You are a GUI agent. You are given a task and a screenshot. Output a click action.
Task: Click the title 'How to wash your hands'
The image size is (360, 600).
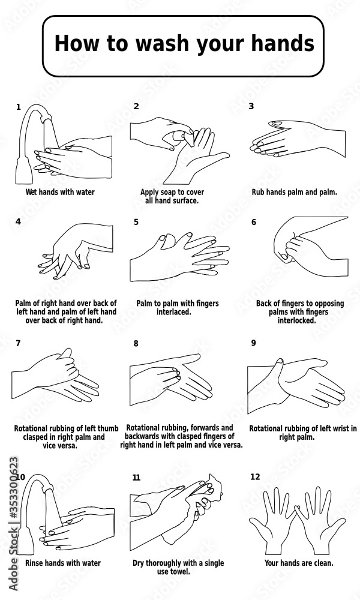click(x=184, y=44)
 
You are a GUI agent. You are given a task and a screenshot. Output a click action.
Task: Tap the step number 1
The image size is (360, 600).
click(x=18, y=107)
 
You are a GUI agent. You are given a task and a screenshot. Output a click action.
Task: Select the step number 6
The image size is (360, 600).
click(x=253, y=222)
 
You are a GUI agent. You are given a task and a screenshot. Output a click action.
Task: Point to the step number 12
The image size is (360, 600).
click(x=255, y=476)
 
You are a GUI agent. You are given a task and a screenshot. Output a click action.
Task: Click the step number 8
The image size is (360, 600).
click(x=136, y=344)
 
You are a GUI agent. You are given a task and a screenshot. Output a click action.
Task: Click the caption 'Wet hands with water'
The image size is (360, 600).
click(x=60, y=193)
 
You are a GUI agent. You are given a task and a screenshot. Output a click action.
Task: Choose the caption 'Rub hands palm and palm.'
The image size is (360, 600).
click(x=294, y=193)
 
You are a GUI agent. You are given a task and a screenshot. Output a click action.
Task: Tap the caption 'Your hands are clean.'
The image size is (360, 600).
click(x=299, y=563)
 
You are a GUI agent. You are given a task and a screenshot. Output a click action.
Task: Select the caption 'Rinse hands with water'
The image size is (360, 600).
click(x=62, y=563)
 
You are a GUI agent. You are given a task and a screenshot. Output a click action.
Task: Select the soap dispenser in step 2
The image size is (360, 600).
click(x=179, y=136)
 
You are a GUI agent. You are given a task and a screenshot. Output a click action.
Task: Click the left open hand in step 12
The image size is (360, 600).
click(x=274, y=516)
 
